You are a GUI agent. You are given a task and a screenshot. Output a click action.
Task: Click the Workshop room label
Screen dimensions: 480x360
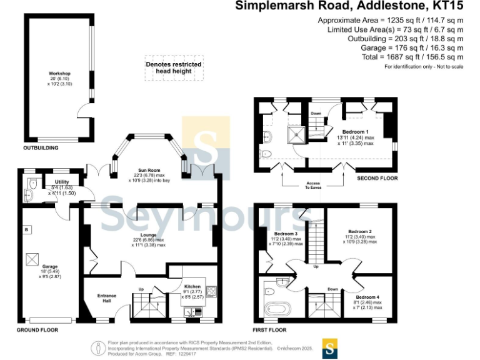[60, 74]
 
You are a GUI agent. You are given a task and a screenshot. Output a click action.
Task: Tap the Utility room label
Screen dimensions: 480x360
[61, 181]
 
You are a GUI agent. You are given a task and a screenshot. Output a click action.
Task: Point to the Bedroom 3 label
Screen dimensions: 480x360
[284, 233]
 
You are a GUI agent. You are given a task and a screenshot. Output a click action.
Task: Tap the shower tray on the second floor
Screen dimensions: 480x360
[294, 134]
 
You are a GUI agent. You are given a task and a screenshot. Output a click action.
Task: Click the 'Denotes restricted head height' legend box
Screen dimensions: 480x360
[173, 67]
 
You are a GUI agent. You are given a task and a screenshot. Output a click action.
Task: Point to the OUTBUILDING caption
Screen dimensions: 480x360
[41, 148]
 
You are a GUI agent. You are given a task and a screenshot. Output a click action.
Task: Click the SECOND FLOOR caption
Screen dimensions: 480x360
[377, 178]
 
